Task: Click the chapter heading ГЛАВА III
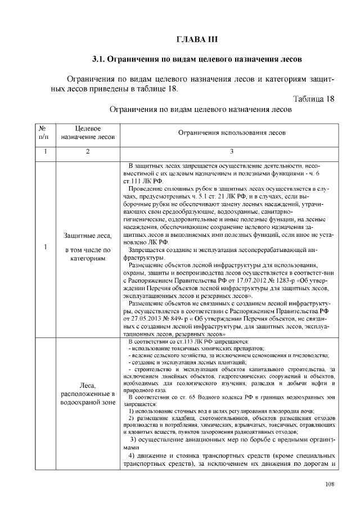click(x=196, y=39)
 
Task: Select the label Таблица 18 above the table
click(x=314, y=99)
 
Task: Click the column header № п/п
click(x=43, y=132)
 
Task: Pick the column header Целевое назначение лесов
click(x=88, y=132)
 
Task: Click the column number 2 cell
click(x=88, y=151)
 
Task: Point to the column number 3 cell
click(x=231, y=151)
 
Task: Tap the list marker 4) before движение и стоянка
click(x=133, y=454)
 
